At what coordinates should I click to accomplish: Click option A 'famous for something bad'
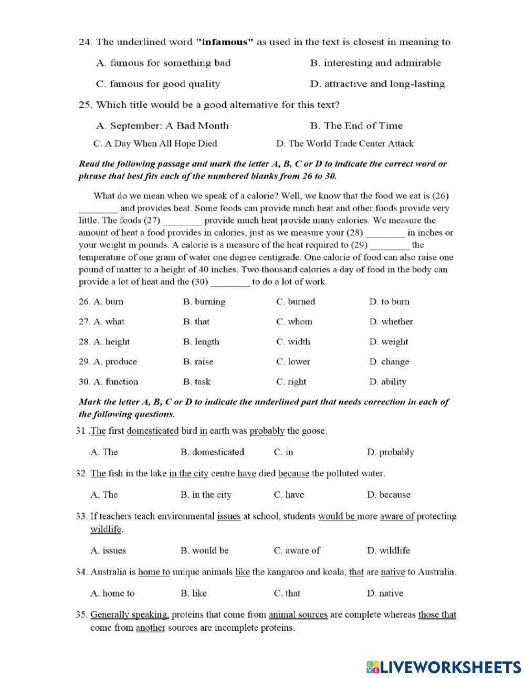[x=163, y=63]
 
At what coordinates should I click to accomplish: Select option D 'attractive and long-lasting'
[x=377, y=84]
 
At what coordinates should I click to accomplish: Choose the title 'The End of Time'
[x=356, y=126]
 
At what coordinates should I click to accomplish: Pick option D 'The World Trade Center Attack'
[x=344, y=143]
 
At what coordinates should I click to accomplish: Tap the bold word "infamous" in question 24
[x=225, y=42]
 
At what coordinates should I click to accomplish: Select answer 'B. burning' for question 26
[x=204, y=302]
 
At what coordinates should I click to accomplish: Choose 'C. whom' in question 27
[x=294, y=322]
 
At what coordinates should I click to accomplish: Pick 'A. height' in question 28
[x=111, y=342]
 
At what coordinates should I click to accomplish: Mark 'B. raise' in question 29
[x=198, y=362]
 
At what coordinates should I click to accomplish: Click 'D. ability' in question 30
[x=387, y=382]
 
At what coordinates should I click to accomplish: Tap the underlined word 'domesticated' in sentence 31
[x=153, y=431]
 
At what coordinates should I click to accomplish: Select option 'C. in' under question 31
[x=283, y=452]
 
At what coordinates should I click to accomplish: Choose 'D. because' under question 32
[x=388, y=495]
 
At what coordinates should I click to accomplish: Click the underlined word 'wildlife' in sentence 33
[x=106, y=529]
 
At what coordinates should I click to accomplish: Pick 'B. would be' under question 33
[x=204, y=551]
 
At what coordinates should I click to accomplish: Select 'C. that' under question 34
[x=287, y=593]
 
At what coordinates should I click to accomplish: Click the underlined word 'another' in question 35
[x=151, y=628]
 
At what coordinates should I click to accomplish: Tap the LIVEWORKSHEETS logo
[x=444, y=667]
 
